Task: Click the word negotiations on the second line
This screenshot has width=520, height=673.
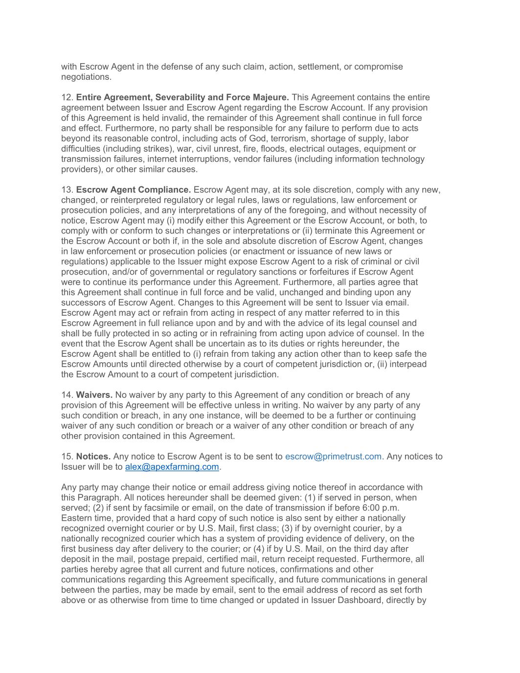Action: click(x=85, y=77)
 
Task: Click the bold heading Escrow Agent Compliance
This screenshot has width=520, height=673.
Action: click(x=133, y=190)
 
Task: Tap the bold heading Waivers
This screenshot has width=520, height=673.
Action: click(x=94, y=395)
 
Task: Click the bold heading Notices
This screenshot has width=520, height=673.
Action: click(x=93, y=457)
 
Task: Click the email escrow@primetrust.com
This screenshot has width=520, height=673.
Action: click(x=333, y=457)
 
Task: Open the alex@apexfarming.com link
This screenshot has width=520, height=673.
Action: click(x=172, y=467)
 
